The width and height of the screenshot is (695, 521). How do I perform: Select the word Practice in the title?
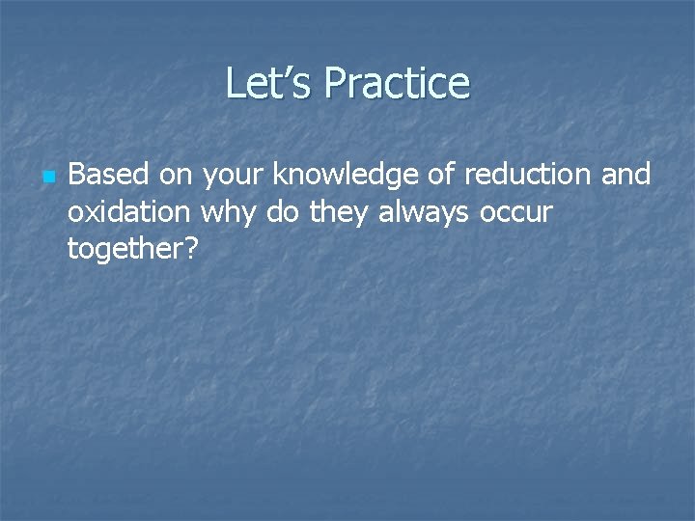pos(397,84)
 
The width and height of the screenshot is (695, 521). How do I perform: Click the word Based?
pos(106,175)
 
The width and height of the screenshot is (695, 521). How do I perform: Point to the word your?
pos(234,175)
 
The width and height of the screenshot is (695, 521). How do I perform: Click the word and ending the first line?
pos(626,175)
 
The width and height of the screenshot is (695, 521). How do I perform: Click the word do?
pos(283,211)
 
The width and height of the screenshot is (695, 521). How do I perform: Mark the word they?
pos(339,211)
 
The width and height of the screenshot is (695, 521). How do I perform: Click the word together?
pos(125,249)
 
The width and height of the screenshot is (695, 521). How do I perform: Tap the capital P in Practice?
pos(335,84)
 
